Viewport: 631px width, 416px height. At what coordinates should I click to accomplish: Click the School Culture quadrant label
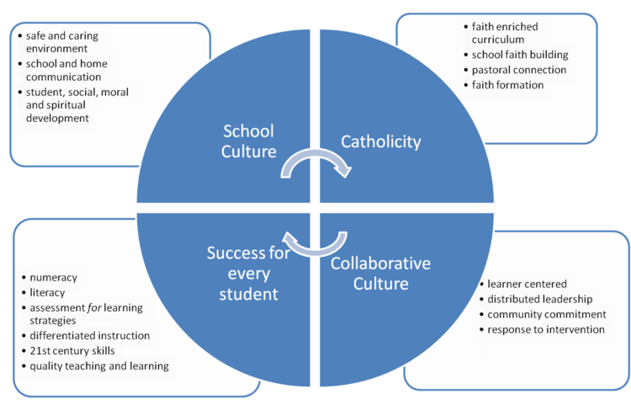(249, 141)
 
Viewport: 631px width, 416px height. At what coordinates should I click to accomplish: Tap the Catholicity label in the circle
(380, 141)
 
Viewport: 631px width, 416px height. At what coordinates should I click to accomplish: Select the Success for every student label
(249, 274)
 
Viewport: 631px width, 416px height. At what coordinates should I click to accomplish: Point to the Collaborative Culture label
(380, 274)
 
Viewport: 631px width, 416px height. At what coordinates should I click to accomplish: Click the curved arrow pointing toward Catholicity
(315, 154)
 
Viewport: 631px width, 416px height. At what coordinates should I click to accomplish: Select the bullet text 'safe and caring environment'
(62, 42)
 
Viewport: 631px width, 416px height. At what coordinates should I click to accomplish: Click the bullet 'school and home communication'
(66, 70)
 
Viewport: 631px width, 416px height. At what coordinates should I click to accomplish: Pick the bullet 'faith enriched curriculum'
(505, 33)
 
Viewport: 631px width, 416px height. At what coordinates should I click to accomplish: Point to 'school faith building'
(520, 55)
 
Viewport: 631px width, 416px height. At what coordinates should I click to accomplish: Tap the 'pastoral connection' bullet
(519, 70)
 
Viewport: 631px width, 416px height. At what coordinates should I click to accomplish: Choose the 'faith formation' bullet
(507, 85)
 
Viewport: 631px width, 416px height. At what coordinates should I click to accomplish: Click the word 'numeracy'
(54, 277)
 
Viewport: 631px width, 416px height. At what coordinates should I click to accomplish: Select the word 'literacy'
(47, 292)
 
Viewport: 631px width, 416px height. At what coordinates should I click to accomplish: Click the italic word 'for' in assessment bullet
(94, 307)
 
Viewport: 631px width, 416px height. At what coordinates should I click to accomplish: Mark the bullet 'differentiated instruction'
(90, 335)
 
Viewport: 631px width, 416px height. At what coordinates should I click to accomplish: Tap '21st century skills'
(72, 351)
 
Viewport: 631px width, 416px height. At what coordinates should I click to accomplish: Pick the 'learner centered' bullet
(527, 284)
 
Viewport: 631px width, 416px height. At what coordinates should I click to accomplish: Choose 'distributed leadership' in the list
(539, 299)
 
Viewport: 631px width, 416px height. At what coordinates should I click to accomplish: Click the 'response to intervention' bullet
(546, 329)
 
